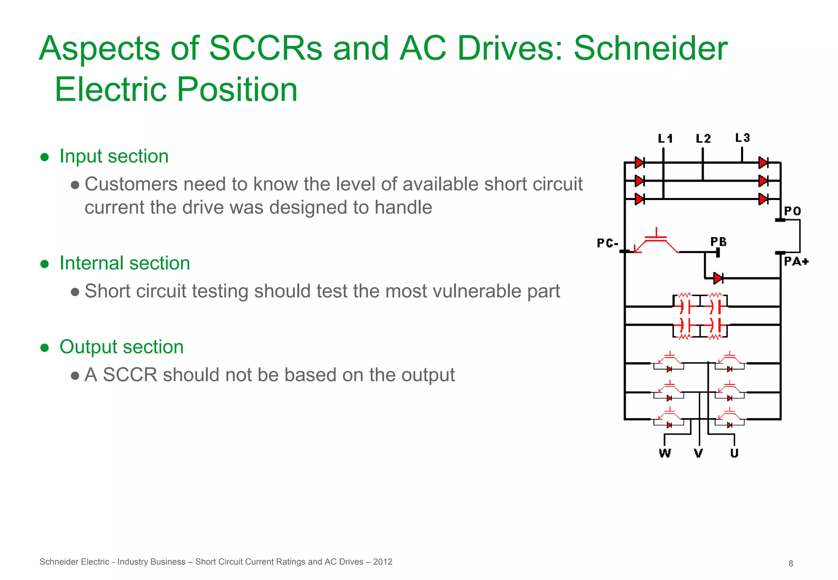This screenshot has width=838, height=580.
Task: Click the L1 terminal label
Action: click(665, 139)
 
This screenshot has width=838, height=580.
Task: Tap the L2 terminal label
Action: click(703, 139)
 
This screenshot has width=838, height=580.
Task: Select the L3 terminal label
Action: click(742, 138)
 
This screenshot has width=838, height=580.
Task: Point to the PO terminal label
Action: click(793, 211)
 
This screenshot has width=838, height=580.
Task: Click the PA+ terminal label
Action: click(796, 261)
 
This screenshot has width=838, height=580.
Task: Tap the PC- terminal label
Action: click(607, 243)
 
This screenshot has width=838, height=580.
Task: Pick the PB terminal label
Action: click(719, 242)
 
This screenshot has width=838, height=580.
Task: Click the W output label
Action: click(665, 453)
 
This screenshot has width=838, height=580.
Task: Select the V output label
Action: click(698, 453)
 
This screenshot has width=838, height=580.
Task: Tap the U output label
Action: click(734, 453)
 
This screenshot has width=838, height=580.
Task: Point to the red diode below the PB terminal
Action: click(718, 278)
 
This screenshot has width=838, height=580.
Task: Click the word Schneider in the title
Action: click(651, 48)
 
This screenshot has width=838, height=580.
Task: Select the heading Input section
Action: click(114, 156)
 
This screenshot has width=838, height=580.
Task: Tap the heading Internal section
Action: click(124, 263)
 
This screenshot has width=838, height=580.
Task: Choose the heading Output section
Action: click(121, 347)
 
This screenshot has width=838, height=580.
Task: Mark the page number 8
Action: click(791, 564)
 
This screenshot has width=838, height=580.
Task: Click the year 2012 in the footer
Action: click(383, 562)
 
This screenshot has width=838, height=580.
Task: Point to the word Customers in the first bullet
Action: click(129, 184)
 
